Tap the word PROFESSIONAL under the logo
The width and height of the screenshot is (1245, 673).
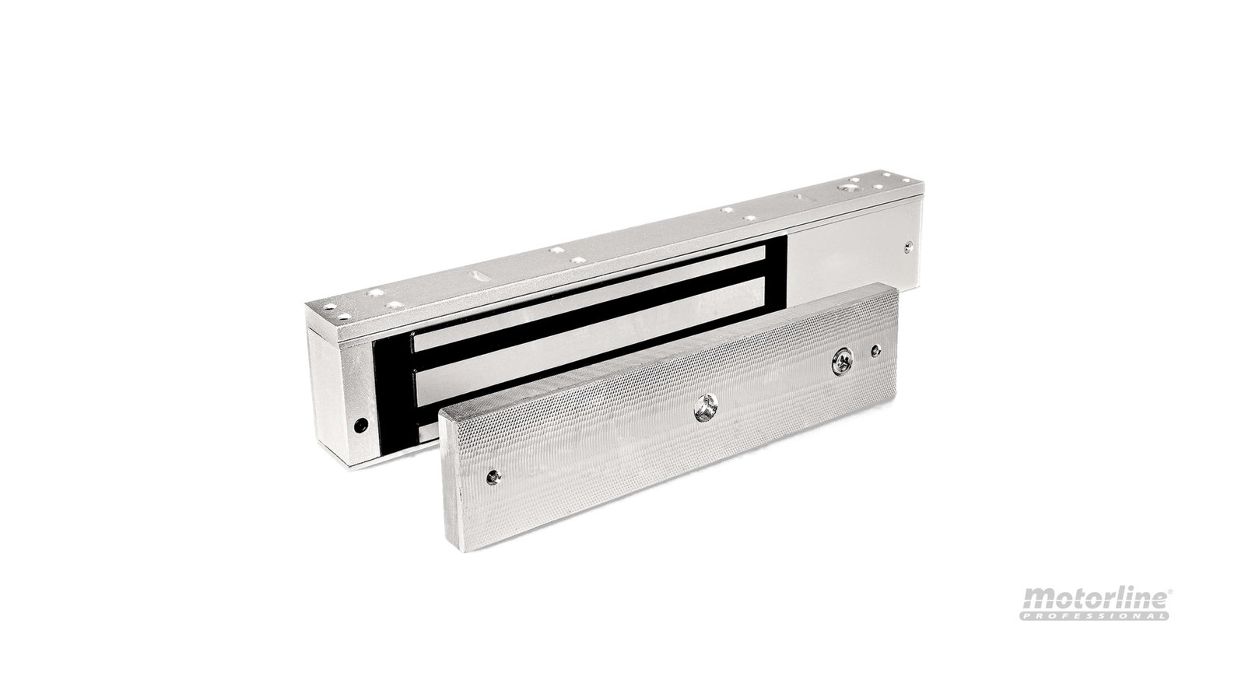coord(1094,615)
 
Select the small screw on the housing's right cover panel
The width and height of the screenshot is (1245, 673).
coord(909,247)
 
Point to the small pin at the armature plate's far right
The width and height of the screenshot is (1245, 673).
coord(876,351)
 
